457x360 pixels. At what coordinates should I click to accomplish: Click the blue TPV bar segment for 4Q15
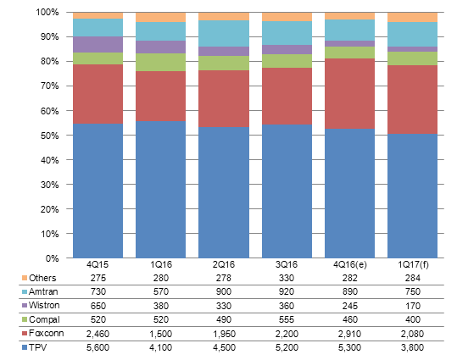point(98,191)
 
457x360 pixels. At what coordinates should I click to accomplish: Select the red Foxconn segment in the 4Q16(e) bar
point(349,93)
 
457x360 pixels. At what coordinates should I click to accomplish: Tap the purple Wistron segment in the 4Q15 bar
point(98,45)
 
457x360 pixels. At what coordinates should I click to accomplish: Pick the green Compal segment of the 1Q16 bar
point(160,63)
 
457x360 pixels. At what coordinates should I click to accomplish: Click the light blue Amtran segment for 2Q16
point(224,34)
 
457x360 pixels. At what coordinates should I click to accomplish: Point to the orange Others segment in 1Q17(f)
point(412,17)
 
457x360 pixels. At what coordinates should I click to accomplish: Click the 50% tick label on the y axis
point(49,136)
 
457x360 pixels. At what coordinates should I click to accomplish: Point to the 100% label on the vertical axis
point(47,12)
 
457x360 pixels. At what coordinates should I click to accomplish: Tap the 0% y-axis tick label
point(52,258)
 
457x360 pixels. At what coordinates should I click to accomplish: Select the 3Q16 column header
point(287,264)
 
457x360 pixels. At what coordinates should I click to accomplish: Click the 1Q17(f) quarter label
point(413,264)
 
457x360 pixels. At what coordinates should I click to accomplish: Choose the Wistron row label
point(44,305)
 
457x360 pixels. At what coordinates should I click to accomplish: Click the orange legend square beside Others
point(25,278)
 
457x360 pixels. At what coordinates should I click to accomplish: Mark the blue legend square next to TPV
point(25,347)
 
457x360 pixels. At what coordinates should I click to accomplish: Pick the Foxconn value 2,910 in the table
point(349,334)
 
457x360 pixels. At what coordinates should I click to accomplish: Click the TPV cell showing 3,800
point(412,347)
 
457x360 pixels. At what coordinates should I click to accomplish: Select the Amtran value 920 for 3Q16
point(287,291)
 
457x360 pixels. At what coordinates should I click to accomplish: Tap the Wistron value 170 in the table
point(413,306)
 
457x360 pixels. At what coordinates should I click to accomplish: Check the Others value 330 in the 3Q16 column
point(287,278)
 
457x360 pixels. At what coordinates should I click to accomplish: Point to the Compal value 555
point(287,319)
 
